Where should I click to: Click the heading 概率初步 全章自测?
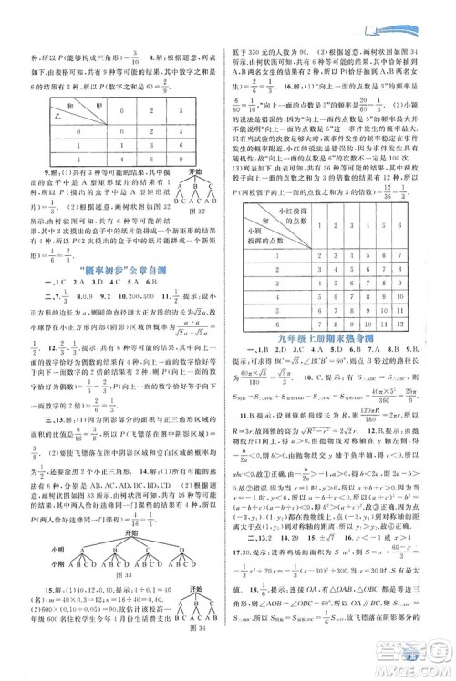click(x=115, y=268)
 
